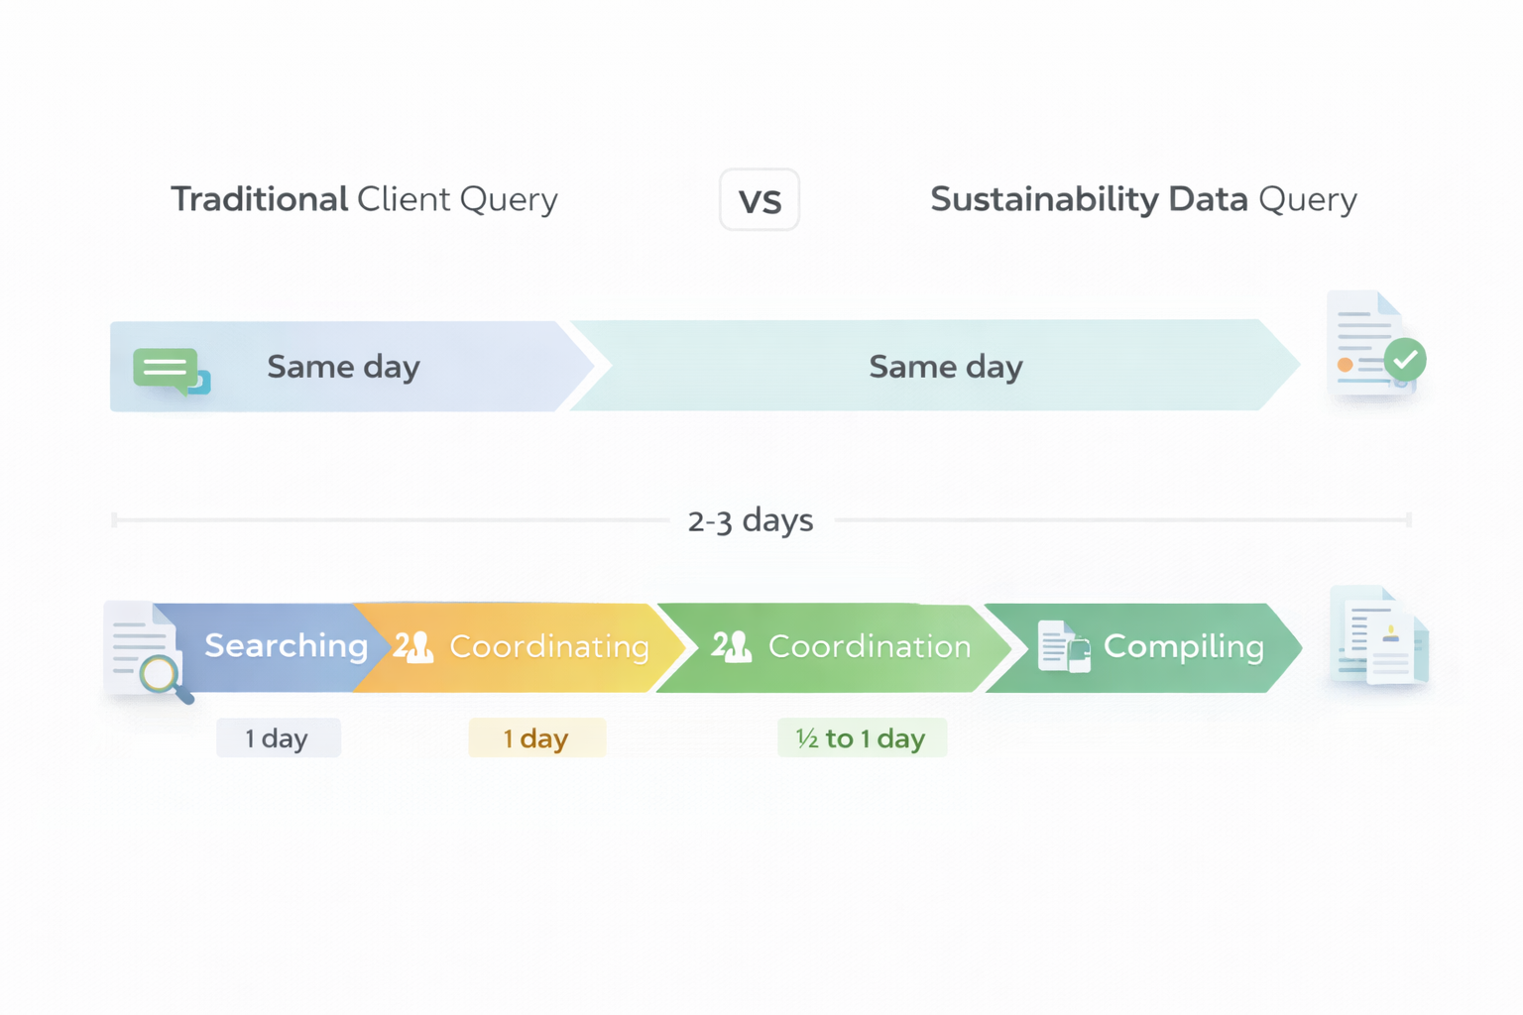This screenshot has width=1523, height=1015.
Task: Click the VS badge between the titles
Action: (x=759, y=200)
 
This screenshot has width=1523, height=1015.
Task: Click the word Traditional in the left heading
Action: (x=259, y=199)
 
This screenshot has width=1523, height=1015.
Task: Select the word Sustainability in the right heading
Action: (x=1044, y=199)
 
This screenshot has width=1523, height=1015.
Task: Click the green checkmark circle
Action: (x=1404, y=360)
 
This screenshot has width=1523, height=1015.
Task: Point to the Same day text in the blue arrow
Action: (x=343, y=367)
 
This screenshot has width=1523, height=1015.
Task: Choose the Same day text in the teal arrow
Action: (x=945, y=367)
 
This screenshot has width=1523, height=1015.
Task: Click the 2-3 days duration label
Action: (x=751, y=520)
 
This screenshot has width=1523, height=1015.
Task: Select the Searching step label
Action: (x=286, y=646)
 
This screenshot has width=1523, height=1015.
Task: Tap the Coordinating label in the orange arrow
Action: (x=549, y=647)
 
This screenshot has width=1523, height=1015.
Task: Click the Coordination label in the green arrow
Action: (x=869, y=647)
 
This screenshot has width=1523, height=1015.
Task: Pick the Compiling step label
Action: (x=1183, y=647)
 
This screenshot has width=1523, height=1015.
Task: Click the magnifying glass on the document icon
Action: (x=161, y=676)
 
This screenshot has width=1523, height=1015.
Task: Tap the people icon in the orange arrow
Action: (x=413, y=647)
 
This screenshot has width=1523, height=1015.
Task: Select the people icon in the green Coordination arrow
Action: (x=732, y=647)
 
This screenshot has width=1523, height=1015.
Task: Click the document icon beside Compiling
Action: (x=1063, y=647)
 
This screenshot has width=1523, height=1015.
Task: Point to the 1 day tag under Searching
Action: (x=278, y=738)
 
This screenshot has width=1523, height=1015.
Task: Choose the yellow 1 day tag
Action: (x=536, y=738)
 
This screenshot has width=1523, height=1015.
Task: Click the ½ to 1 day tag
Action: (x=862, y=738)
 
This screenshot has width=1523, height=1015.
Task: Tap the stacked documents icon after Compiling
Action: (x=1380, y=637)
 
